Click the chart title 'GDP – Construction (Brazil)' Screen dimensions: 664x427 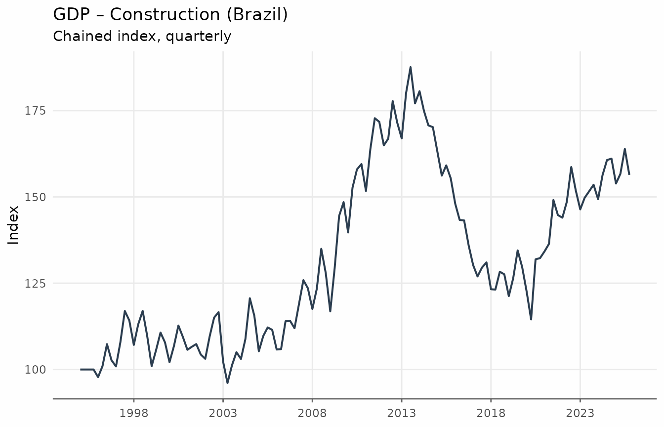[x=170, y=14]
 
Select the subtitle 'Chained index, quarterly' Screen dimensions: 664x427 [x=142, y=37]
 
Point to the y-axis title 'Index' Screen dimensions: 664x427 [x=13, y=225]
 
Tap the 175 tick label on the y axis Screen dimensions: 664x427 [x=35, y=111]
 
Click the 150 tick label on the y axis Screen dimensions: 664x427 [x=35, y=197]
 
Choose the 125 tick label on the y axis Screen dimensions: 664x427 [x=35, y=284]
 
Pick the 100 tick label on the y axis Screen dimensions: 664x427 [x=35, y=370]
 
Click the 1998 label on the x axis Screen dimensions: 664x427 [x=134, y=413]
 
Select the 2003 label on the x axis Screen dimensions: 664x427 [x=223, y=413]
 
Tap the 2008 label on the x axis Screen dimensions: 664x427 [x=312, y=413]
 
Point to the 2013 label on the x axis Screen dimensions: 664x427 [x=402, y=413]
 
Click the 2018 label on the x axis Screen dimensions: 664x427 [x=491, y=413]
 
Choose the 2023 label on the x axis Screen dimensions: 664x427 [x=580, y=413]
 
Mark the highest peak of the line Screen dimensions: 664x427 [x=411, y=67]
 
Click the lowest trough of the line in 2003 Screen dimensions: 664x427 [x=227, y=383]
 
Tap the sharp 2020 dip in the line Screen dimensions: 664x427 [x=531, y=319]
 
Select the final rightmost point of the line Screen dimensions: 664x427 [x=629, y=174]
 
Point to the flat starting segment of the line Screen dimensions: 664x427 [x=87, y=370]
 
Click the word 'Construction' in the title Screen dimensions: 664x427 [x=165, y=14]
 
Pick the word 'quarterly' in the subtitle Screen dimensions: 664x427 [x=198, y=37]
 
